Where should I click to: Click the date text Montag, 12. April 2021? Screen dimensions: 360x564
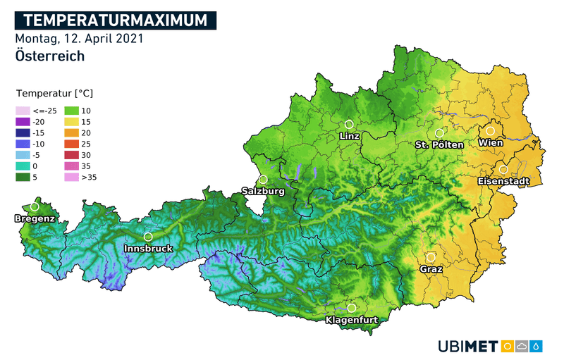click(79, 39)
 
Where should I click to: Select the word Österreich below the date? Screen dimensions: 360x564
click(49, 56)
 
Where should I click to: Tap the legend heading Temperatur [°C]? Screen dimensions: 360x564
click(54, 93)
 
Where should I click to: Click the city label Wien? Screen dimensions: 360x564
click(490, 143)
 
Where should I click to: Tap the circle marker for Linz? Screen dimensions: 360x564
click(349, 124)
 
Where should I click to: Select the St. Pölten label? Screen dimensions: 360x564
click(439, 144)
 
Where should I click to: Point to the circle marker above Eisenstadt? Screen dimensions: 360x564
click(503, 170)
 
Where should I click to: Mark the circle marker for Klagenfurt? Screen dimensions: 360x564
click(352, 308)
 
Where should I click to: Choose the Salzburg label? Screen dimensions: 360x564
click(262, 191)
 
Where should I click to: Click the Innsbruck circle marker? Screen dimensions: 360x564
click(148, 237)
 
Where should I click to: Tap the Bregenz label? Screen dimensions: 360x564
click(35, 219)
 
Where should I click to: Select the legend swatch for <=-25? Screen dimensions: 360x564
click(23, 111)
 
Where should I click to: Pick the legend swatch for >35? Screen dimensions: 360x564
click(72, 177)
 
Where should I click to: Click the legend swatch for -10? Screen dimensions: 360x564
click(23, 144)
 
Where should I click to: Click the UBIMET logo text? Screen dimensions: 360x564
click(467, 346)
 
